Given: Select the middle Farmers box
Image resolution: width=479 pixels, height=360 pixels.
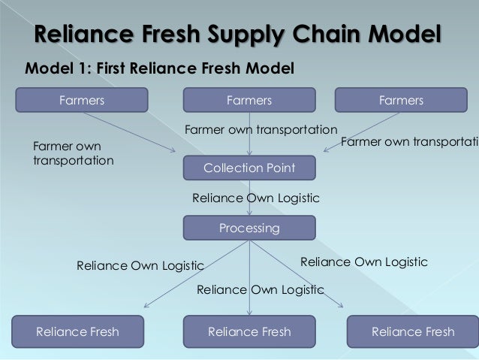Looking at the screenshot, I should tap(249, 100).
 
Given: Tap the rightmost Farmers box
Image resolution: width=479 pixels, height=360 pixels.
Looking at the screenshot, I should tap(401, 100).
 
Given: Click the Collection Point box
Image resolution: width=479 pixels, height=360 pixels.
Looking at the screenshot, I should tap(249, 168).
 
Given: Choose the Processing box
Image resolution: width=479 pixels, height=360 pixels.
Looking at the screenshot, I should tap(249, 228).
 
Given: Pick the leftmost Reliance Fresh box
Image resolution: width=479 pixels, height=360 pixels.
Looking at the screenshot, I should tap(77, 331).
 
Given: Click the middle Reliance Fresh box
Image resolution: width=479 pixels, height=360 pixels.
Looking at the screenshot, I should tap(249, 331).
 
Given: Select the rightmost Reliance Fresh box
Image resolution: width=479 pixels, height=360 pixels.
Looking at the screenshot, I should tap(413, 331).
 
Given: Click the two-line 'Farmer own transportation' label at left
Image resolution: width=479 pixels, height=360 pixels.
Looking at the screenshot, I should tap(74, 153).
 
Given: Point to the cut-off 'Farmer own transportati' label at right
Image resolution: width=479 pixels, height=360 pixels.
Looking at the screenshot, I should tap(409, 141).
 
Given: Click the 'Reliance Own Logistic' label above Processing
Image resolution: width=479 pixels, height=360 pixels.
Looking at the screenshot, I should tap(256, 198).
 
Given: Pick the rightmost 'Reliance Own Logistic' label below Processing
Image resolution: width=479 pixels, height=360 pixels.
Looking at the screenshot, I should tap(364, 262).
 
